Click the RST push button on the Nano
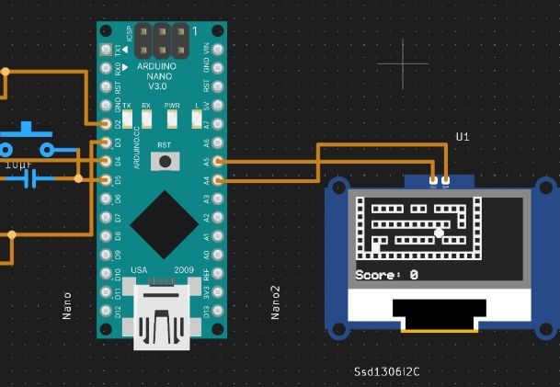(165, 161)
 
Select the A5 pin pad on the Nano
(218, 161)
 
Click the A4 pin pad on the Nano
(218, 179)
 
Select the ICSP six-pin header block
(164, 40)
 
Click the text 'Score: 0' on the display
(386, 274)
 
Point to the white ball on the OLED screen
(440, 233)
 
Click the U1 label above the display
(463, 137)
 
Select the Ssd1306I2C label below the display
(387, 372)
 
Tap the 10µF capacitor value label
(17, 165)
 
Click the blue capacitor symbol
(35, 179)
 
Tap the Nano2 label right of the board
(275, 302)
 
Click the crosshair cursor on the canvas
(404, 63)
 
